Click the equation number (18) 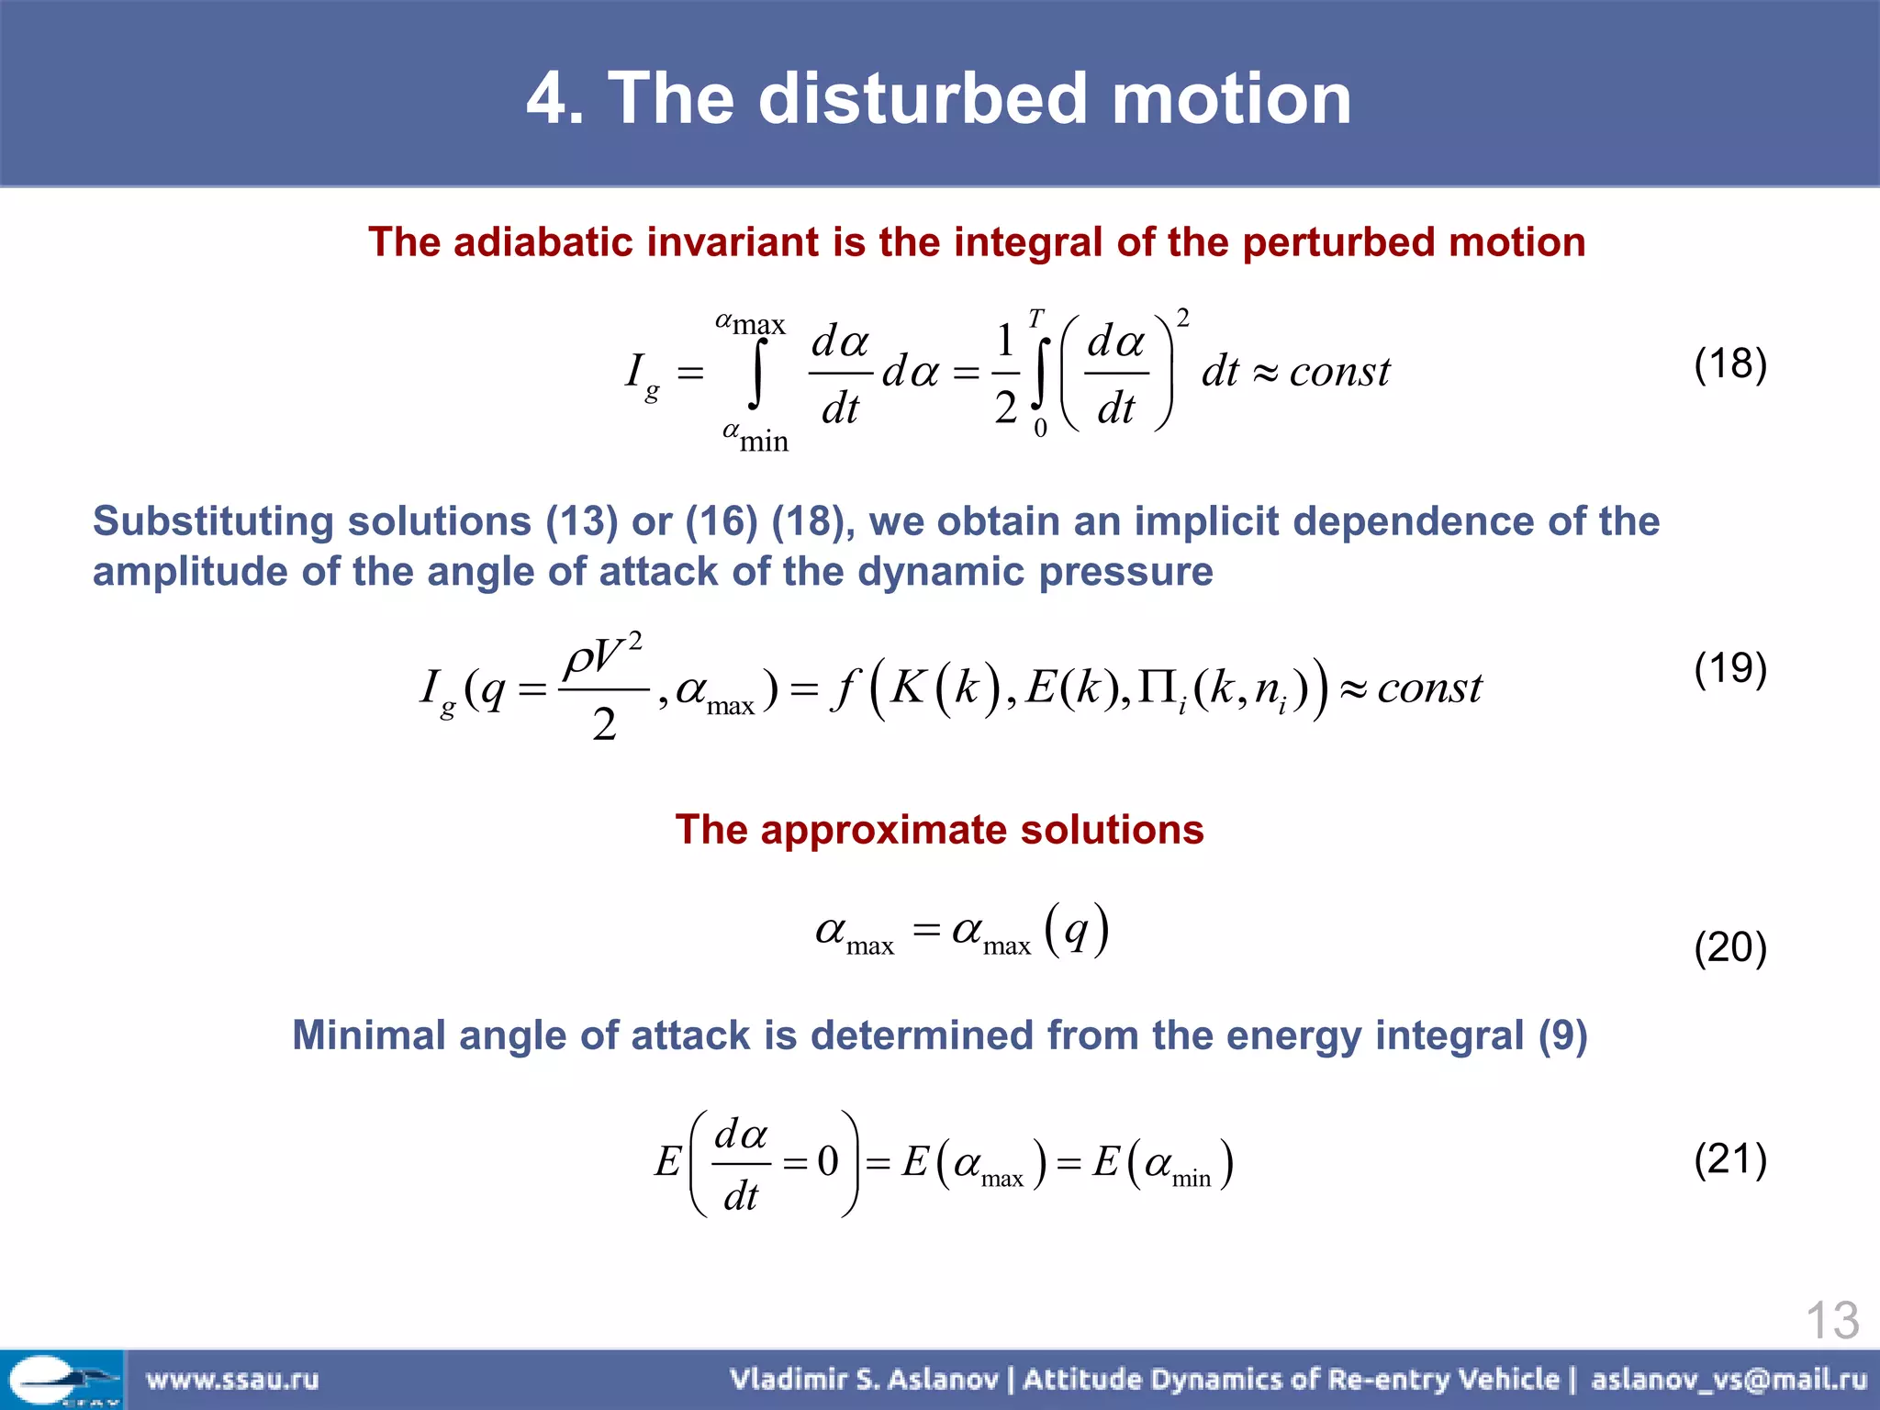(x=1729, y=364)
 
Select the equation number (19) (x=1729, y=668)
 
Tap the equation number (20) (x=1729, y=947)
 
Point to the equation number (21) (x=1729, y=1159)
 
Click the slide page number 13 (x=1831, y=1321)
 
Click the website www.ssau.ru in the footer (x=232, y=1380)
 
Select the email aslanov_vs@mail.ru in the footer (x=1729, y=1380)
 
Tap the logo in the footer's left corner (x=62, y=1380)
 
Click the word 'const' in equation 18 (x=1339, y=372)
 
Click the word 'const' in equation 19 (x=1429, y=688)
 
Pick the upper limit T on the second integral (x=1035, y=319)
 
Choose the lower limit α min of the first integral (x=755, y=437)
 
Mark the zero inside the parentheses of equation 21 (x=828, y=1162)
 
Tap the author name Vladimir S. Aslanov (x=863, y=1380)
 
